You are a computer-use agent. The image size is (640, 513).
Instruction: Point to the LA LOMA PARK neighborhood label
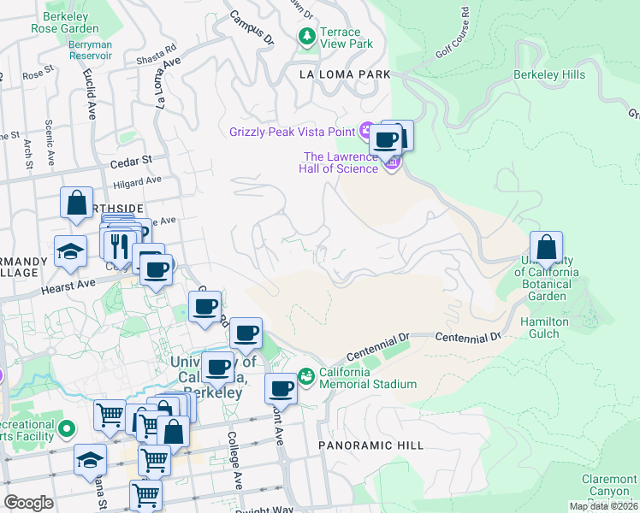[x=344, y=75]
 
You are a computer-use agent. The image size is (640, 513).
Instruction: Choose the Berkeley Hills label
[x=548, y=74]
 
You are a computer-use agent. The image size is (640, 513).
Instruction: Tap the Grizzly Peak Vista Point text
[x=292, y=131]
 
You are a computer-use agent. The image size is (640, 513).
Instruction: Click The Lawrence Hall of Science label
[x=341, y=162]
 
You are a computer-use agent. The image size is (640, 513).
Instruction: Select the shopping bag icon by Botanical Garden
[x=547, y=248]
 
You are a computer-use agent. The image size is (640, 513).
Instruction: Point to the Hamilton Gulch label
[x=544, y=328]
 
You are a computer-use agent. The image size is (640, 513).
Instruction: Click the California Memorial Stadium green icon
[x=306, y=377]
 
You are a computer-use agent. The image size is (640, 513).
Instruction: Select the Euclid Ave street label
[x=90, y=98]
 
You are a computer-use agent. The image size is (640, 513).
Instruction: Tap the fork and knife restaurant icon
[x=118, y=245]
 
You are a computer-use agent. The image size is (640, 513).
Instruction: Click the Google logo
[x=28, y=503]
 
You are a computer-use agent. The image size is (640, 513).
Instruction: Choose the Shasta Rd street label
[x=156, y=55]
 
